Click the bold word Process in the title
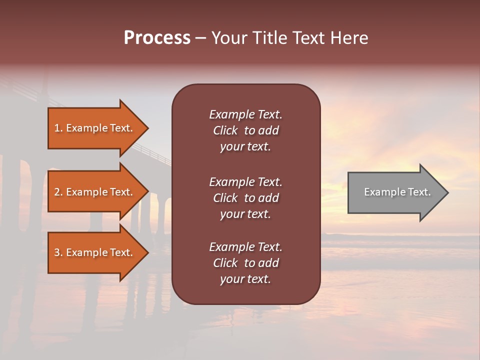pyautogui.click(x=157, y=38)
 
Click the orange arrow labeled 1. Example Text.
pyautogui.click(x=95, y=128)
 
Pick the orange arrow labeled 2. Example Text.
pyautogui.click(x=95, y=192)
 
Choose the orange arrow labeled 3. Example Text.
pyautogui.click(x=95, y=252)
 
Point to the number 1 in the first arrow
pyautogui.click(x=57, y=128)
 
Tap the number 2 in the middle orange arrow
pyautogui.click(x=57, y=192)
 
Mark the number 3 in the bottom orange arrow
pyautogui.click(x=57, y=252)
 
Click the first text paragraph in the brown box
pyautogui.click(x=245, y=130)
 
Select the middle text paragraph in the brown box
pyautogui.click(x=245, y=198)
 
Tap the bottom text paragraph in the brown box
pyautogui.click(x=245, y=263)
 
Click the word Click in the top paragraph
pyautogui.click(x=225, y=130)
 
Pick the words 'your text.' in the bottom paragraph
pyautogui.click(x=245, y=279)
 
